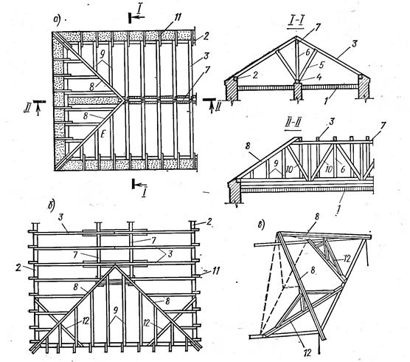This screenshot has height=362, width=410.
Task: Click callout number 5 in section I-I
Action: tap(322, 65)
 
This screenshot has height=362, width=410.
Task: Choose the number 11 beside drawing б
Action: tap(215, 271)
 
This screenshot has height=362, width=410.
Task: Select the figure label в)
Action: tap(262, 225)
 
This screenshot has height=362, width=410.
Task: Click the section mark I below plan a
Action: tap(144, 194)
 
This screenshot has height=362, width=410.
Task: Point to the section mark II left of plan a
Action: tap(27, 108)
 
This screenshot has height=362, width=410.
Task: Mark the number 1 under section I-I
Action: tap(327, 100)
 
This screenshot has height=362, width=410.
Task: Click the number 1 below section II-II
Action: tap(338, 211)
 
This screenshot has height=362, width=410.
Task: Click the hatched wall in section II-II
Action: tap(234, 191)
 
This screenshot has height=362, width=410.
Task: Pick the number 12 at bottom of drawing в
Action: tap(307, 353)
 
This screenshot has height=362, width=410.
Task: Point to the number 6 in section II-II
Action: tap(343, 170)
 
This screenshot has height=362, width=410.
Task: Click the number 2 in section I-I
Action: tap(255, 75)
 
